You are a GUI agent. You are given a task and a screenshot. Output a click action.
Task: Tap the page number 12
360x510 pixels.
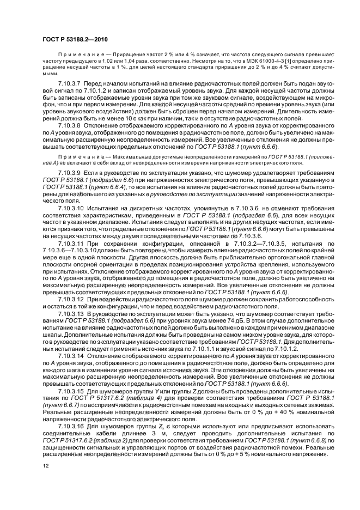coord(45,465)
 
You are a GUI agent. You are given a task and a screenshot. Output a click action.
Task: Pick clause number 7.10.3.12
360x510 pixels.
coord(70,299)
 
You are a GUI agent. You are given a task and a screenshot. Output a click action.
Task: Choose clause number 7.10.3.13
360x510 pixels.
coord(70,315)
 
